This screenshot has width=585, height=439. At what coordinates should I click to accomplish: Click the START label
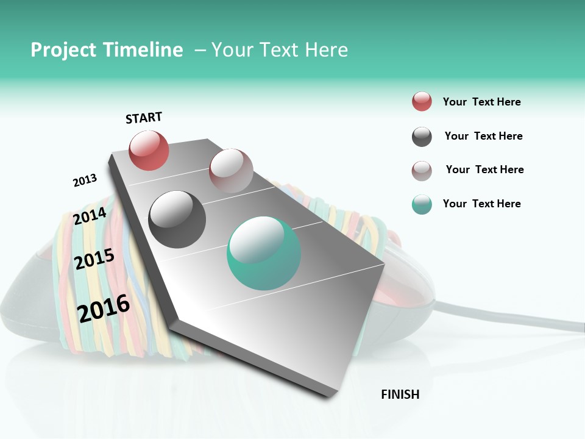pyautogui.click(x=144, y=118)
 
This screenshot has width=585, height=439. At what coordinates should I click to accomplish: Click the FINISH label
pyautogui.click(x=400, y=394)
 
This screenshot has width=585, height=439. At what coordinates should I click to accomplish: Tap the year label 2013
pyautogui.click(x=85, y=180)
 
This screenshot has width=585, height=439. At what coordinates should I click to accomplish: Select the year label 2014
pyautogui.click(x=90, y=216)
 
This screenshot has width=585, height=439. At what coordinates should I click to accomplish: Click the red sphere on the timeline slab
pyautogui.click(x=149, y=150)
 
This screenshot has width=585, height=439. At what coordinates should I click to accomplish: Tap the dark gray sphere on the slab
pyautogui.click(x=177, y=219)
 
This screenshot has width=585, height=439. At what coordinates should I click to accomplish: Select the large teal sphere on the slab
pyautogui.click(x=263, y=253)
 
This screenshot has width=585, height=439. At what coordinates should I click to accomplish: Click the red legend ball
pyautogui.click(x=422, y=101)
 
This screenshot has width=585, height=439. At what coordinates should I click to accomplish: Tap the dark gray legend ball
pyautogui.click(x=422, y=137)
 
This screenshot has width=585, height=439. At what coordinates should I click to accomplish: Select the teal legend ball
pyautogui.click(x=422, y=204)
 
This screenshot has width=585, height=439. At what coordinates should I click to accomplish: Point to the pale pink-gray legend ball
pyautogui.click(x=422, y=171)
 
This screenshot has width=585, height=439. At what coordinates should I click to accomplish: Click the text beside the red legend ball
pyautogui.click(x=481, y=102)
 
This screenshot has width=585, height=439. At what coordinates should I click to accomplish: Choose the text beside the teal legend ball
pyautogui.click(x=481, y=204)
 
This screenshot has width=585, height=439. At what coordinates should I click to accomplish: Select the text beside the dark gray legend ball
pyautogui.click(x=483, y=136)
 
